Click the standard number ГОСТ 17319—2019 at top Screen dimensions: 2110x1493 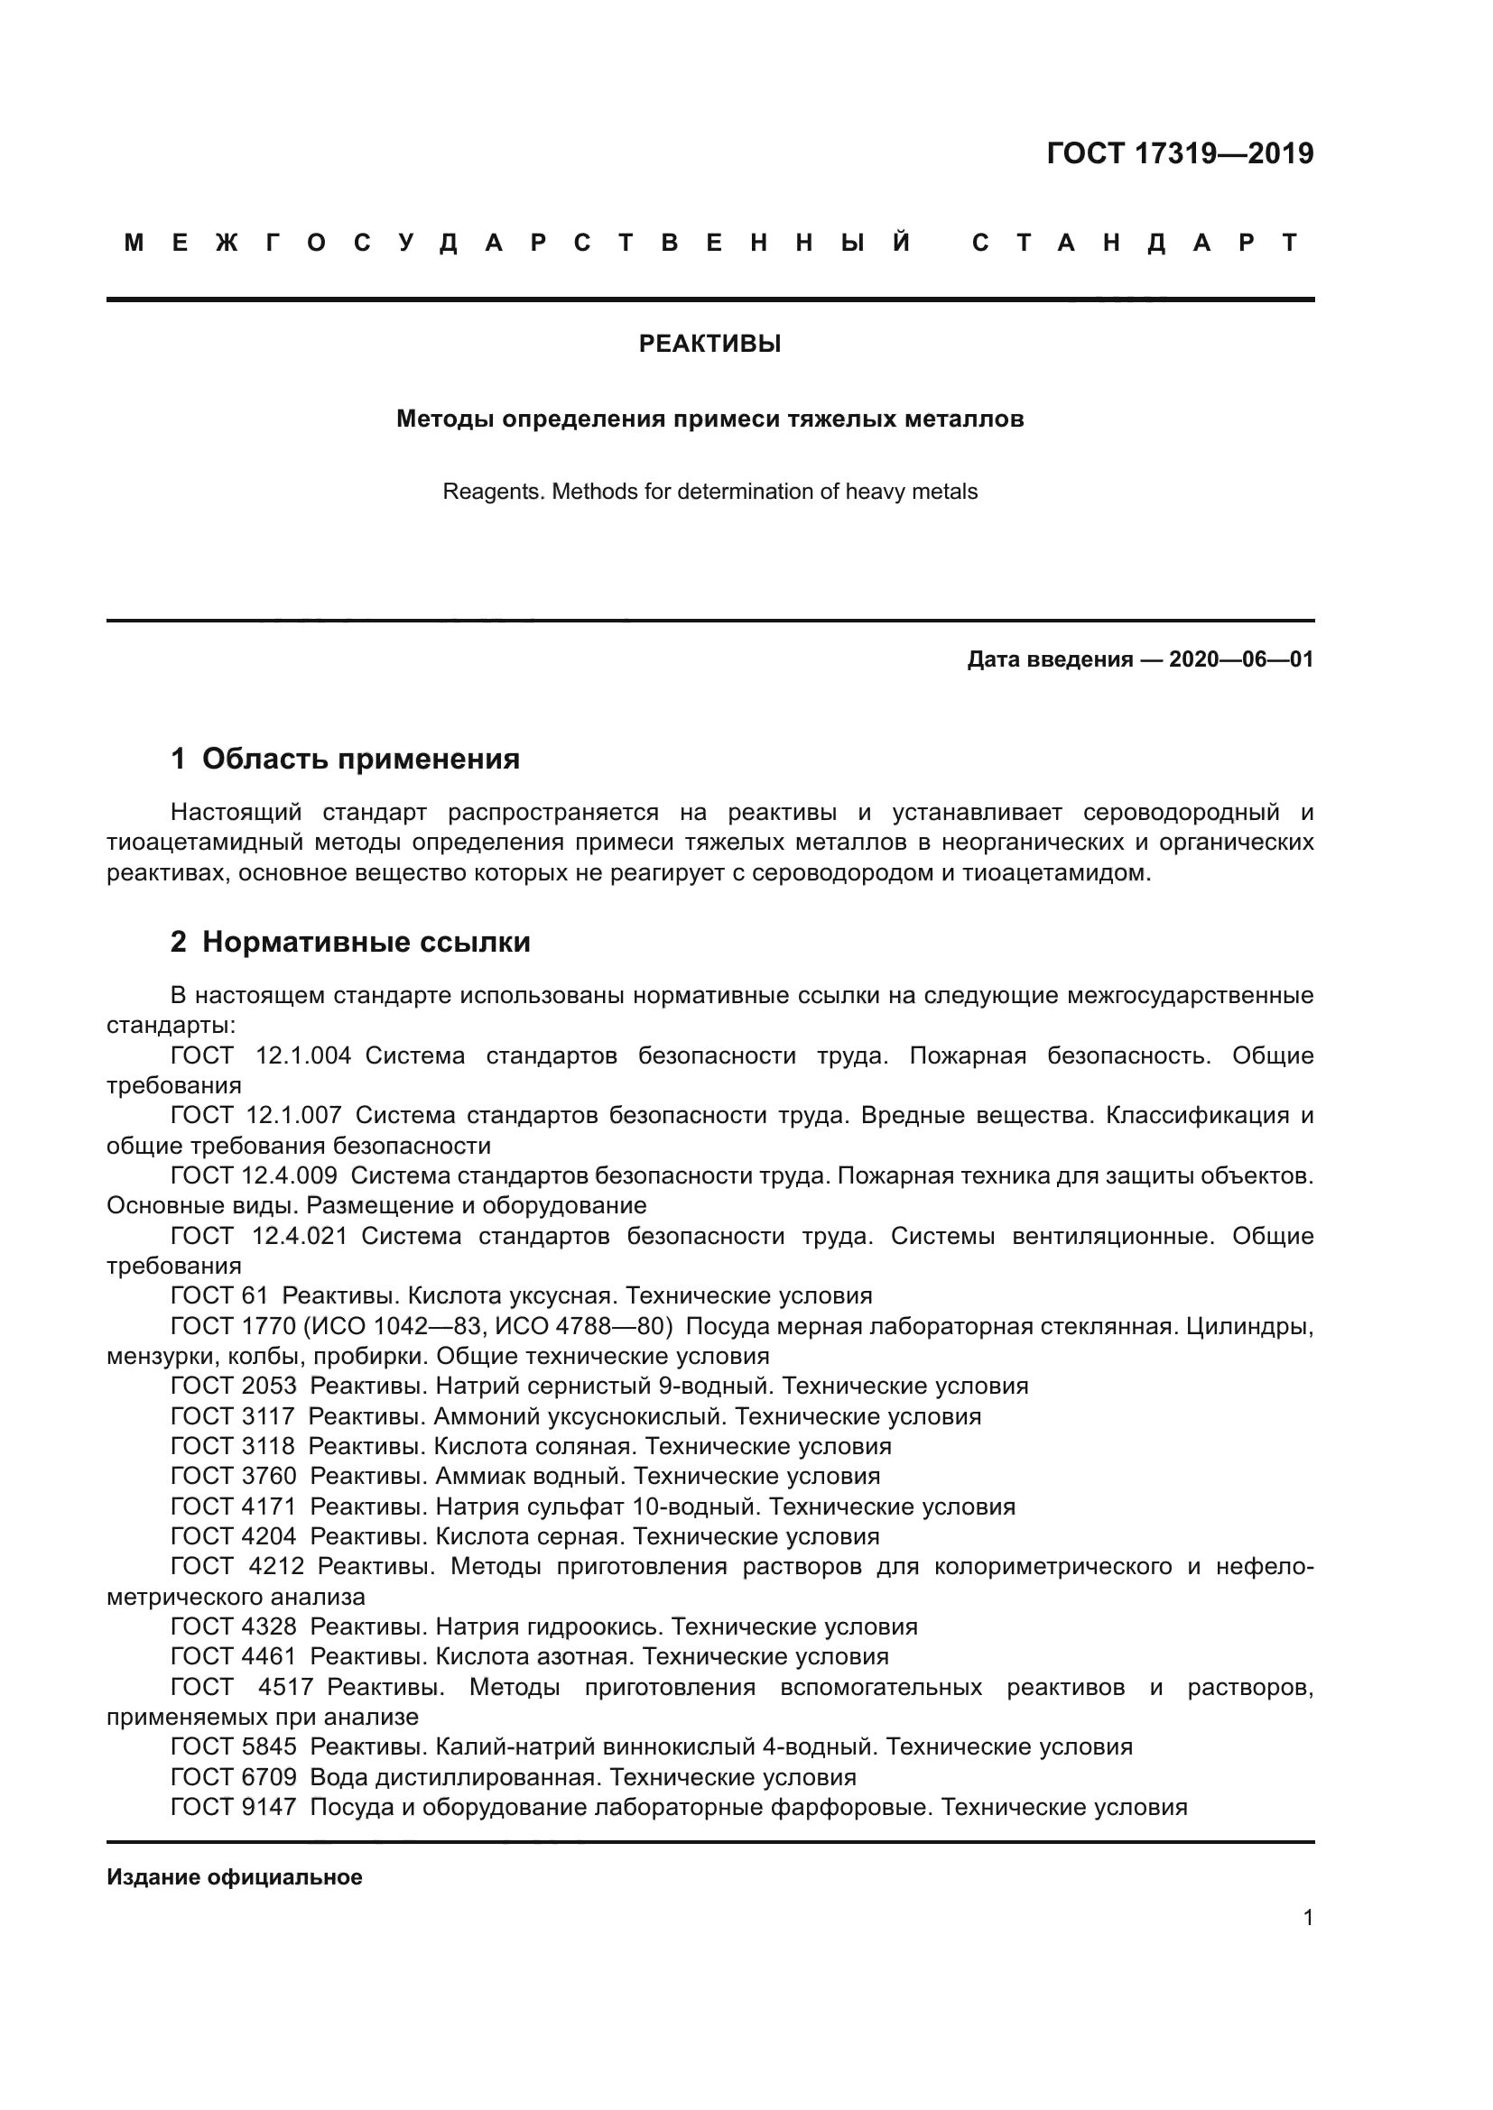coord(1180,153)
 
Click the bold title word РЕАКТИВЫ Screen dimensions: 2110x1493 coord(709,344)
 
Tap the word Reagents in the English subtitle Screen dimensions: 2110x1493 coord(493,492)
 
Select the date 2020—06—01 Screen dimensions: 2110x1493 coord(1240,659)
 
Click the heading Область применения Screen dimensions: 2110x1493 coord(360,759)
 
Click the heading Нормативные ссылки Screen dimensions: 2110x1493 coord(366,942)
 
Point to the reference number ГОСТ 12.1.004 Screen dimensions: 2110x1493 coord(261,1056)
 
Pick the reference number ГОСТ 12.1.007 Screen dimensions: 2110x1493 coord(255,1116)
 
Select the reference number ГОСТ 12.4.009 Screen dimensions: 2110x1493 coord(254,1175)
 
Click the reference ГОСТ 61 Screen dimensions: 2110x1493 coord(218,1295)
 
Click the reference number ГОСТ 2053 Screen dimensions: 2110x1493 coord(234,1386)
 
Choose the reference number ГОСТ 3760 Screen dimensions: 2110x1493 coord(234,1476)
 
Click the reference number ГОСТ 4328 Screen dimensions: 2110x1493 coord(234,1626)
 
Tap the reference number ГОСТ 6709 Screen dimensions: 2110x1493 coord(234,1777)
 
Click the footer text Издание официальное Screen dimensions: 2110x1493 coord(235,1877)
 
